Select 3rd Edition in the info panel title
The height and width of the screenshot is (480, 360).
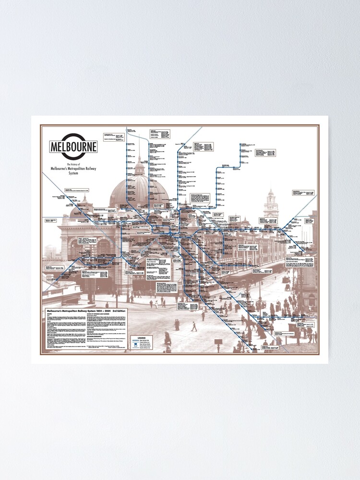point(126,312)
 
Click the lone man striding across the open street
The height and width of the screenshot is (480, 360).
point(194,326)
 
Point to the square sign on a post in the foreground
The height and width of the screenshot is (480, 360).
point(218,342)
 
